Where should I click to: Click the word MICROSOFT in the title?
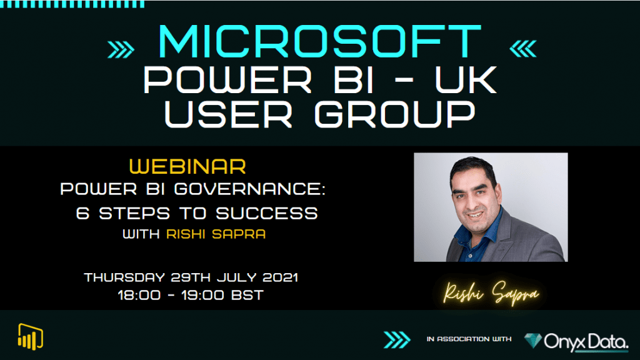[321, 44]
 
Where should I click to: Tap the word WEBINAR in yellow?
[187, 167]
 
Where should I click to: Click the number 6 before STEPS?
[82, 213]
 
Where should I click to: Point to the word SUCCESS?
[267, 213]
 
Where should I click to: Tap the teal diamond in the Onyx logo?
[534, 341]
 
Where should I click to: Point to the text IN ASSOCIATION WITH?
[469, 339]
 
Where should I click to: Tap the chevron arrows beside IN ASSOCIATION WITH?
[396, 340]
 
